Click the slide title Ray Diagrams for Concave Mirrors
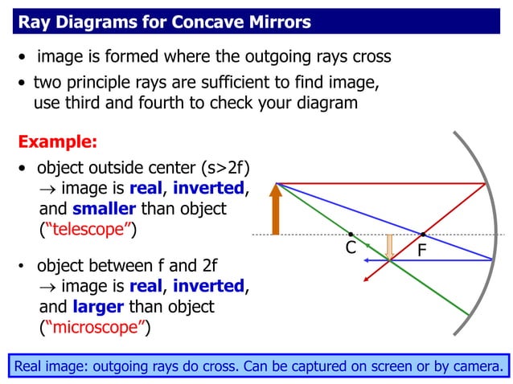tap(164, 22)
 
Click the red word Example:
tap(57, 142)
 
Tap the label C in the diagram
tap(351, 247)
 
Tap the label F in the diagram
tap(423, 252)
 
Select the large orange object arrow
tap(276, 210)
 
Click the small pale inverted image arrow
tap(390, 247)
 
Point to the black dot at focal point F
tap(423, 235)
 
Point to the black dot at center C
tap(351, 235)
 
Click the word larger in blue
tap(97, 307)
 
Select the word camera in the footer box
tap(477, 367)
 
